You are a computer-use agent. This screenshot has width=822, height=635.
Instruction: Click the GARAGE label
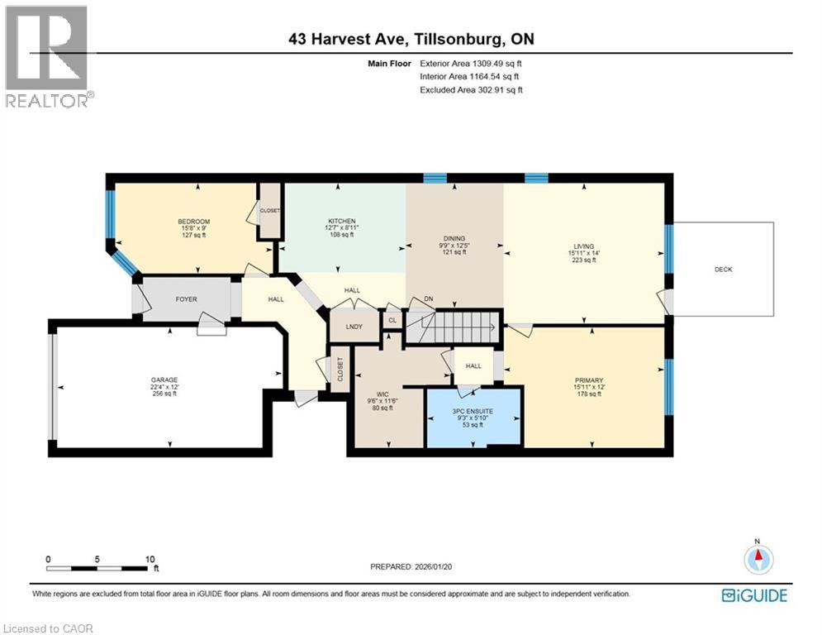coord(164,380)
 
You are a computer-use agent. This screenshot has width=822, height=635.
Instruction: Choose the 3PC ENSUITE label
coord(473,410)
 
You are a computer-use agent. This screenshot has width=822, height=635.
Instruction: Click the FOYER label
coord(186,298)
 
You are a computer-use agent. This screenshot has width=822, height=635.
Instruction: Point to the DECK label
coord(724,269)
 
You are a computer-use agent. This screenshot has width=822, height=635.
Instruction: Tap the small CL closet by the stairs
coord(392,320)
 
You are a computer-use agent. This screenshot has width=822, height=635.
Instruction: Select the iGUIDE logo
coord(753,595)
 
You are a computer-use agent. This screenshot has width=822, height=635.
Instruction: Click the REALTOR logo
coord(49,56)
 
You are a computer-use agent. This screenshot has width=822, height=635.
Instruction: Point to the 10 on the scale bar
coord(150,559)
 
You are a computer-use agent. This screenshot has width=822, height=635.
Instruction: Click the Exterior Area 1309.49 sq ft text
coord(471,62)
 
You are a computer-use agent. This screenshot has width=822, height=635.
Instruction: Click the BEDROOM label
coord(193,221)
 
